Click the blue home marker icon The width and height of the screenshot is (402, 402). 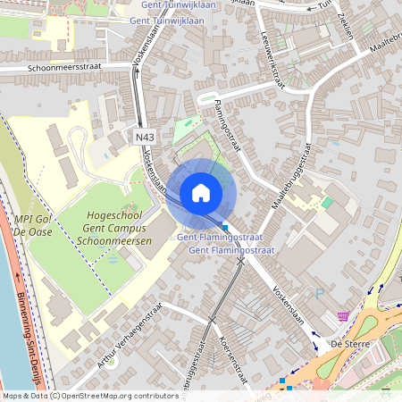click(201, 193)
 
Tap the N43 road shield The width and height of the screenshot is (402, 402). click(144, 137)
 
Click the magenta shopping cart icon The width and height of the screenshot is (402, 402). click(343, 316)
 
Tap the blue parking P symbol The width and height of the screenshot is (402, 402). click(319, 292)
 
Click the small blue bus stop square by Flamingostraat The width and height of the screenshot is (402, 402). click(225, 227)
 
